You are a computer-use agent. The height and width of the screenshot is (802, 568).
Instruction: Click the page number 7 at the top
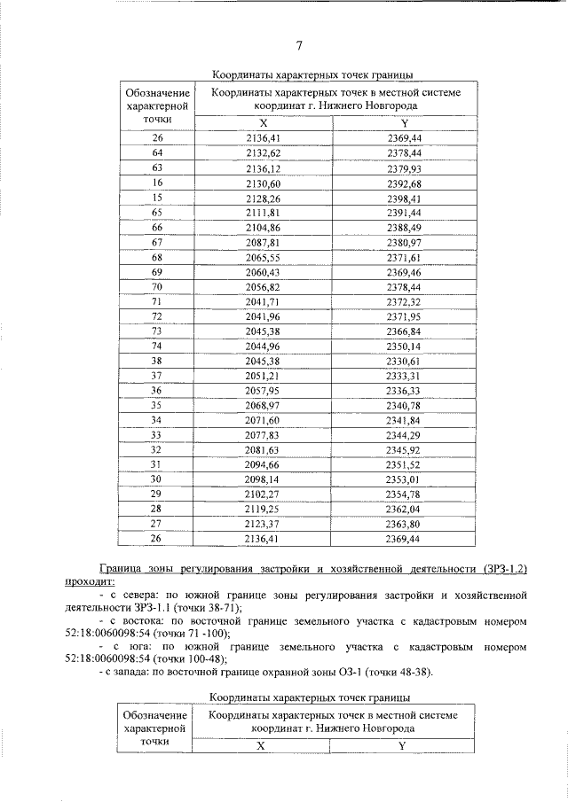299,46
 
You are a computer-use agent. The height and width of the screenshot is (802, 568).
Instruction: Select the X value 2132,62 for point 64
263,152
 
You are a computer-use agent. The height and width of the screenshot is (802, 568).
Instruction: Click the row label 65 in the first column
157,213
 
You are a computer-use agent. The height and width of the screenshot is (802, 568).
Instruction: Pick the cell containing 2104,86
263,228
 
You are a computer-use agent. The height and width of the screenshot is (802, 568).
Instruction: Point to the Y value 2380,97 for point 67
404,242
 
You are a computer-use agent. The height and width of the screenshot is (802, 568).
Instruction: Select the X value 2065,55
263,257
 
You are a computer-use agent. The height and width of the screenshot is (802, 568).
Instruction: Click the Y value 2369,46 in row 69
404,272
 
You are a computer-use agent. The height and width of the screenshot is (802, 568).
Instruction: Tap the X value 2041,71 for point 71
263,302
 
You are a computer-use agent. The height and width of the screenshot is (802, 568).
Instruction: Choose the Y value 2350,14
404,346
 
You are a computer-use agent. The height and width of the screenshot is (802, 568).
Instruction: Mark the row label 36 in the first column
157,391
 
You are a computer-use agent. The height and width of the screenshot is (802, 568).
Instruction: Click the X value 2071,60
263,420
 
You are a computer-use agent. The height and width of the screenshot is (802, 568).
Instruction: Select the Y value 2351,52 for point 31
404,464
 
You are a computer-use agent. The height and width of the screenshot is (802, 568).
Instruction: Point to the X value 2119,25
263,510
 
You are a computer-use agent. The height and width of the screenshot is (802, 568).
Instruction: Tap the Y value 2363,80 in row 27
404,524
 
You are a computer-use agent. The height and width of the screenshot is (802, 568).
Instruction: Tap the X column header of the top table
263,123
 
